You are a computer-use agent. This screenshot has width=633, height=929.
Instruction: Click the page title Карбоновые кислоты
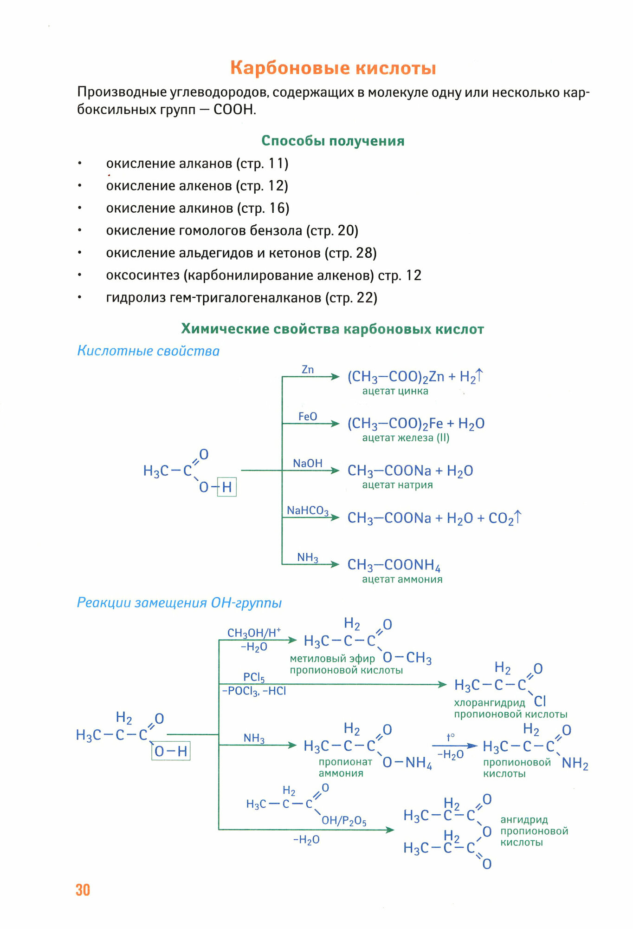[333, 68]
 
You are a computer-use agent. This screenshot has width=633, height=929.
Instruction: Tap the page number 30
[83, 890]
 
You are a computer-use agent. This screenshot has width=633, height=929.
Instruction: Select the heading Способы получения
[333, 141]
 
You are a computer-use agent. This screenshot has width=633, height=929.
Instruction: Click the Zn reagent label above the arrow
[308, 370]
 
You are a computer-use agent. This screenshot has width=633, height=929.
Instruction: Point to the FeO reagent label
[308, 417]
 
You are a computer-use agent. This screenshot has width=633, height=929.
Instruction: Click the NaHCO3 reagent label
[307, 510]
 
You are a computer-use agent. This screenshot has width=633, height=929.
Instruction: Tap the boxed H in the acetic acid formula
[227, 487]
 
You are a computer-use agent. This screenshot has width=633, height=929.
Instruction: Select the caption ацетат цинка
[395, 391]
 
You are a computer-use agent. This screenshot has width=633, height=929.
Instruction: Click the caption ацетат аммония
[402, 579]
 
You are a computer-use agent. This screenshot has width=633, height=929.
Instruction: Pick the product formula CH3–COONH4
[394, 565]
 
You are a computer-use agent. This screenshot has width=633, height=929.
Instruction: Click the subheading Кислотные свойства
[148, 351]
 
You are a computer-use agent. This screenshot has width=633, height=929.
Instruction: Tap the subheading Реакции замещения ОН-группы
[179, 603]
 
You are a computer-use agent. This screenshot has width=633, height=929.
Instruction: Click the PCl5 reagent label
[254, 677]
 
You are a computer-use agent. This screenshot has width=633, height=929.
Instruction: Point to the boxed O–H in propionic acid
[171, 751]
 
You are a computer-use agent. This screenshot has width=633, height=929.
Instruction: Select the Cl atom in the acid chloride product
[540, 701]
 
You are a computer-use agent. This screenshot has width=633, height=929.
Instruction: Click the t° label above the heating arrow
[450, 737]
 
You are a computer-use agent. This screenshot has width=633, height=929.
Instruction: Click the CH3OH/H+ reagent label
[254, 633]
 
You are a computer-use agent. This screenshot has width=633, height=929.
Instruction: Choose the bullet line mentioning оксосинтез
[263, 275]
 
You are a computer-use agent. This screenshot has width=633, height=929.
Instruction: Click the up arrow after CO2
[518, 517]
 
